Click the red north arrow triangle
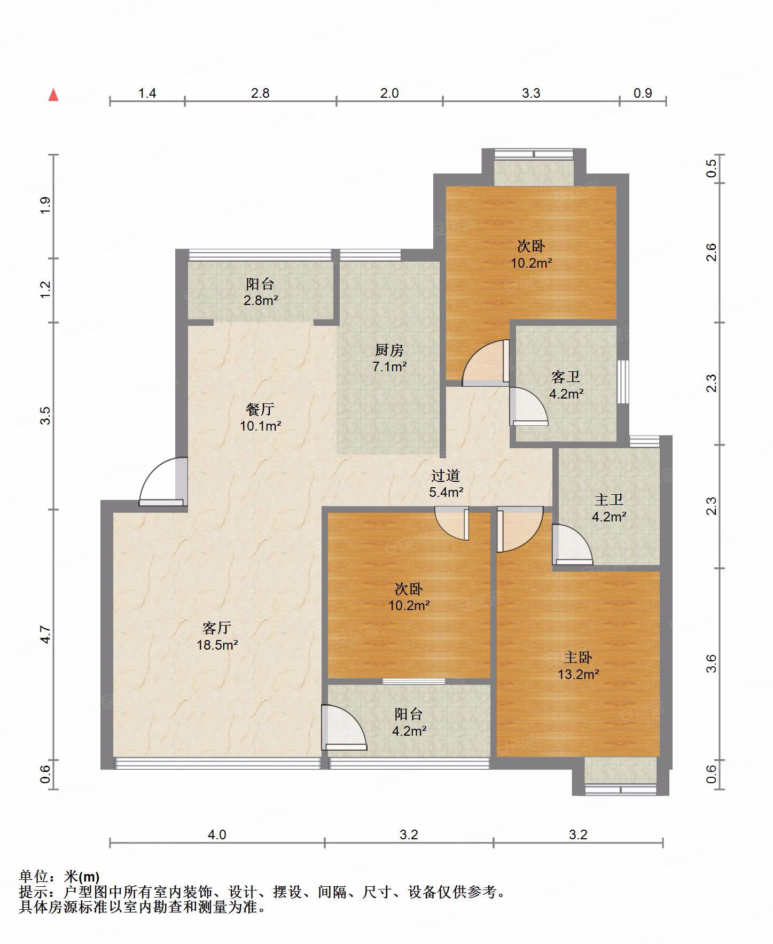point(53,95)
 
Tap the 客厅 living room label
point(217,628)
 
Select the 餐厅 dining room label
point(260,409)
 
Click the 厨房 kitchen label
point(389,350)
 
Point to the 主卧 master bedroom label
point(578,658)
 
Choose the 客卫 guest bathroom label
point(566,377)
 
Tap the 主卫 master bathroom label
point(609,500)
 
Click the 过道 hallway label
point(446,475)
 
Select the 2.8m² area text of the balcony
point(261,301)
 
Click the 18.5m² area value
point(217,645)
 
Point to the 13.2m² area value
point(578,675)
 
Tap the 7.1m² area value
point(389,367)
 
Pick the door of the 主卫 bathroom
point(572,544)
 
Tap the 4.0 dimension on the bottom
point(217,834)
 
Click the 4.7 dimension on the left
point(46,634)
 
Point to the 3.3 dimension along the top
point(531,93)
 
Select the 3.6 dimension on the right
point(711,664)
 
